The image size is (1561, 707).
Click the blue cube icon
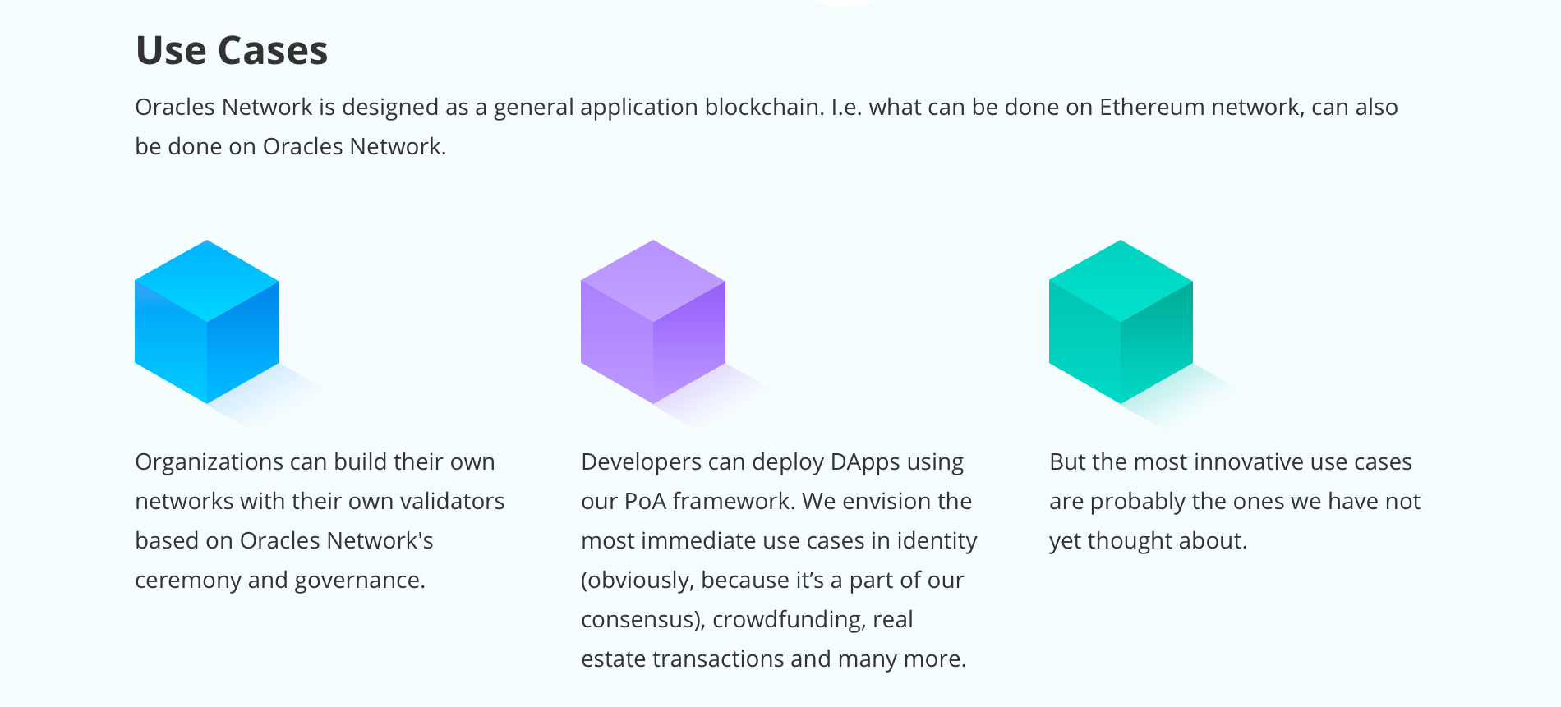207,322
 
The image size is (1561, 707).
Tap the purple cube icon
653,322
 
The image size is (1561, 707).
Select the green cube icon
1121,322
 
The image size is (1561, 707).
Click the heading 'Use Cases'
232,50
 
